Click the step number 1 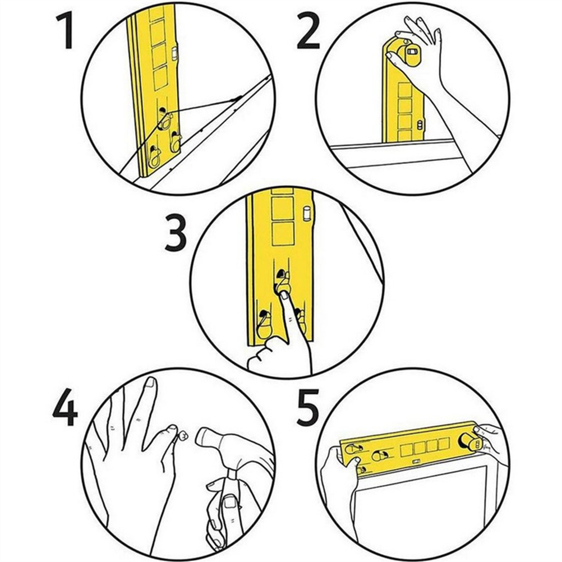pos(66,33)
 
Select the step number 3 pos(175,233)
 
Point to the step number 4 pos(65,408)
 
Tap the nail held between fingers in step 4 pos(184,435)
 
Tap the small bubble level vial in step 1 pos(174,54)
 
